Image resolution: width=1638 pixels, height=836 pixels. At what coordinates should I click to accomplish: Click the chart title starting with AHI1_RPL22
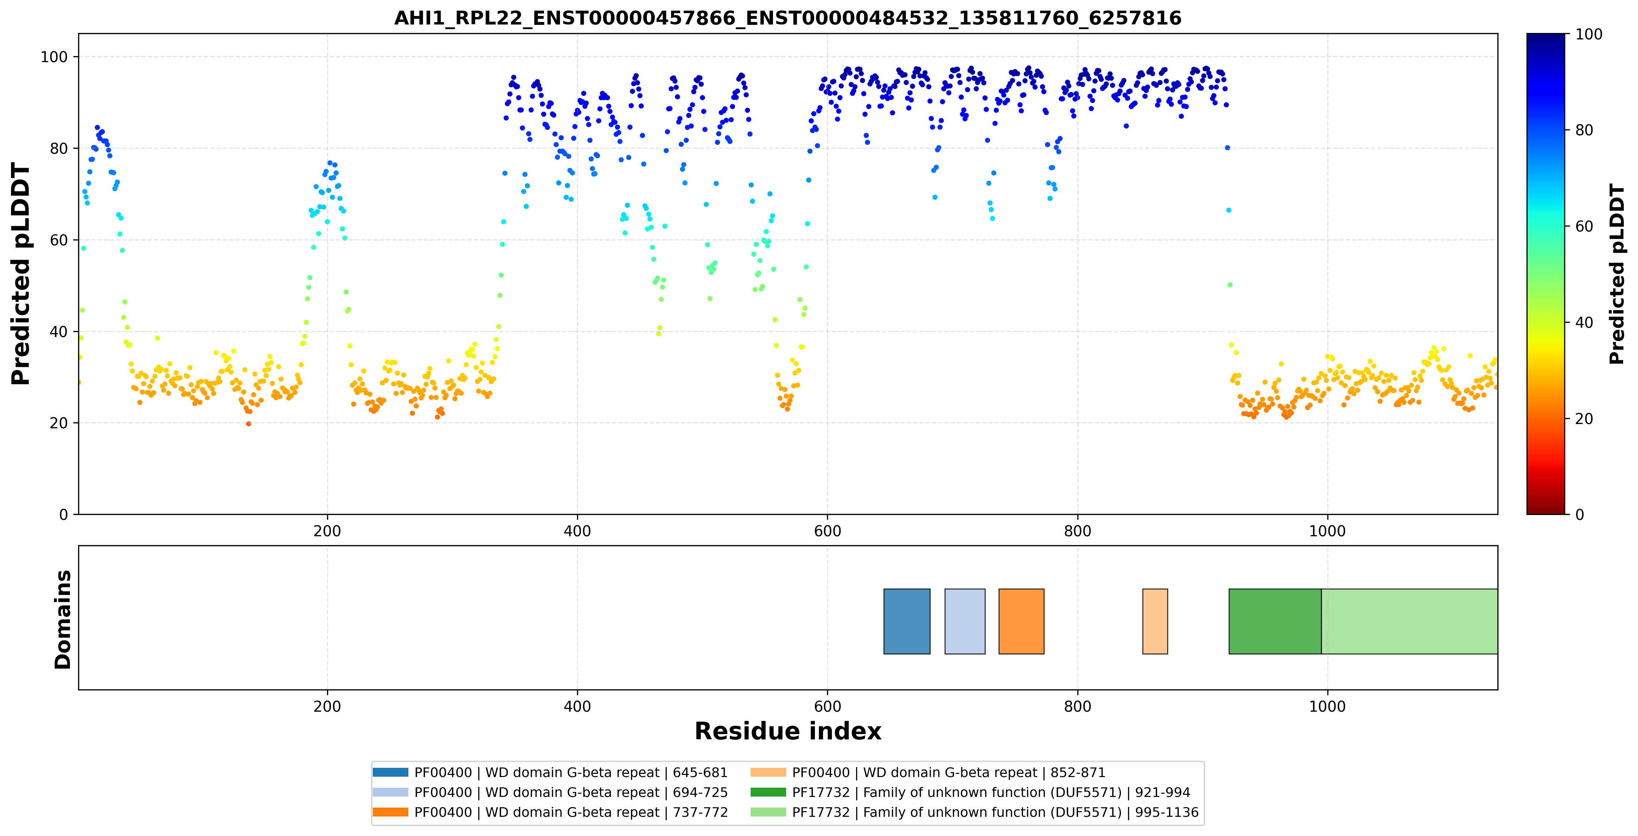coord(787,18)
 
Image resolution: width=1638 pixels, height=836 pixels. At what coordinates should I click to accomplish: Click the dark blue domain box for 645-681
coord(907,621)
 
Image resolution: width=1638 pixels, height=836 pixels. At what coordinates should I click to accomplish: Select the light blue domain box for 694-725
coord(965,621)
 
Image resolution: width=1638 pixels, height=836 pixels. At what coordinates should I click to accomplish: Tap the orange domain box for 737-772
coord(1021,621)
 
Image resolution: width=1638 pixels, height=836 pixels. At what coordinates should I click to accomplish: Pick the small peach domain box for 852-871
coord(1155,621)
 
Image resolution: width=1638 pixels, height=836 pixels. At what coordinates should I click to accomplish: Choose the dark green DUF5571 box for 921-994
coord(1275,621)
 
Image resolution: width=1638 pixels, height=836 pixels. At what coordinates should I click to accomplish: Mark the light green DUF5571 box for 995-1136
coord(1409,621)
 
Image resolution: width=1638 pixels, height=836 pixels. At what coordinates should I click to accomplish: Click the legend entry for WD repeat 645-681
coord(550,772)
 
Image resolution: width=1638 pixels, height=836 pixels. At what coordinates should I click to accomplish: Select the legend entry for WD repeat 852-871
coord(928,772)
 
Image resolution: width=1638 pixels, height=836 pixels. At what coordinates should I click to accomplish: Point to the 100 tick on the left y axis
coord(54,57)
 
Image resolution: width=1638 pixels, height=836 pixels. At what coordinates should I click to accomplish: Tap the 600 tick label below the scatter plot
coord(827,531)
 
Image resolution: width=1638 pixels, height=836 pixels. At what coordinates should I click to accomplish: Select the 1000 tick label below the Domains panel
coord(1328,706)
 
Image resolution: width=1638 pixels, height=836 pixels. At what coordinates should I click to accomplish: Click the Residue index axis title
coord(788,731)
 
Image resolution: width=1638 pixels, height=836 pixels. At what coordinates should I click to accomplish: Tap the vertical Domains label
coord(63,619)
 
